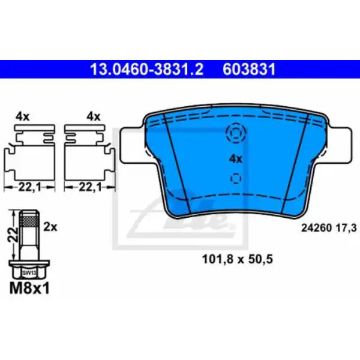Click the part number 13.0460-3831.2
[147, 70]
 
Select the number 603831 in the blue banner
[249, 70]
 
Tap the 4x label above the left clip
[23, 117]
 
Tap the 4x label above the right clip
[94, 117]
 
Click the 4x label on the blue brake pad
[236, 159]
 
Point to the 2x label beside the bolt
[50, 227]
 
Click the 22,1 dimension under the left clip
[29, 187]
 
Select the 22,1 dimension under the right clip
[90, 187]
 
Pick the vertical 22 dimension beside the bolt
[13, 234]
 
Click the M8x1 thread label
[29, 289]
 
